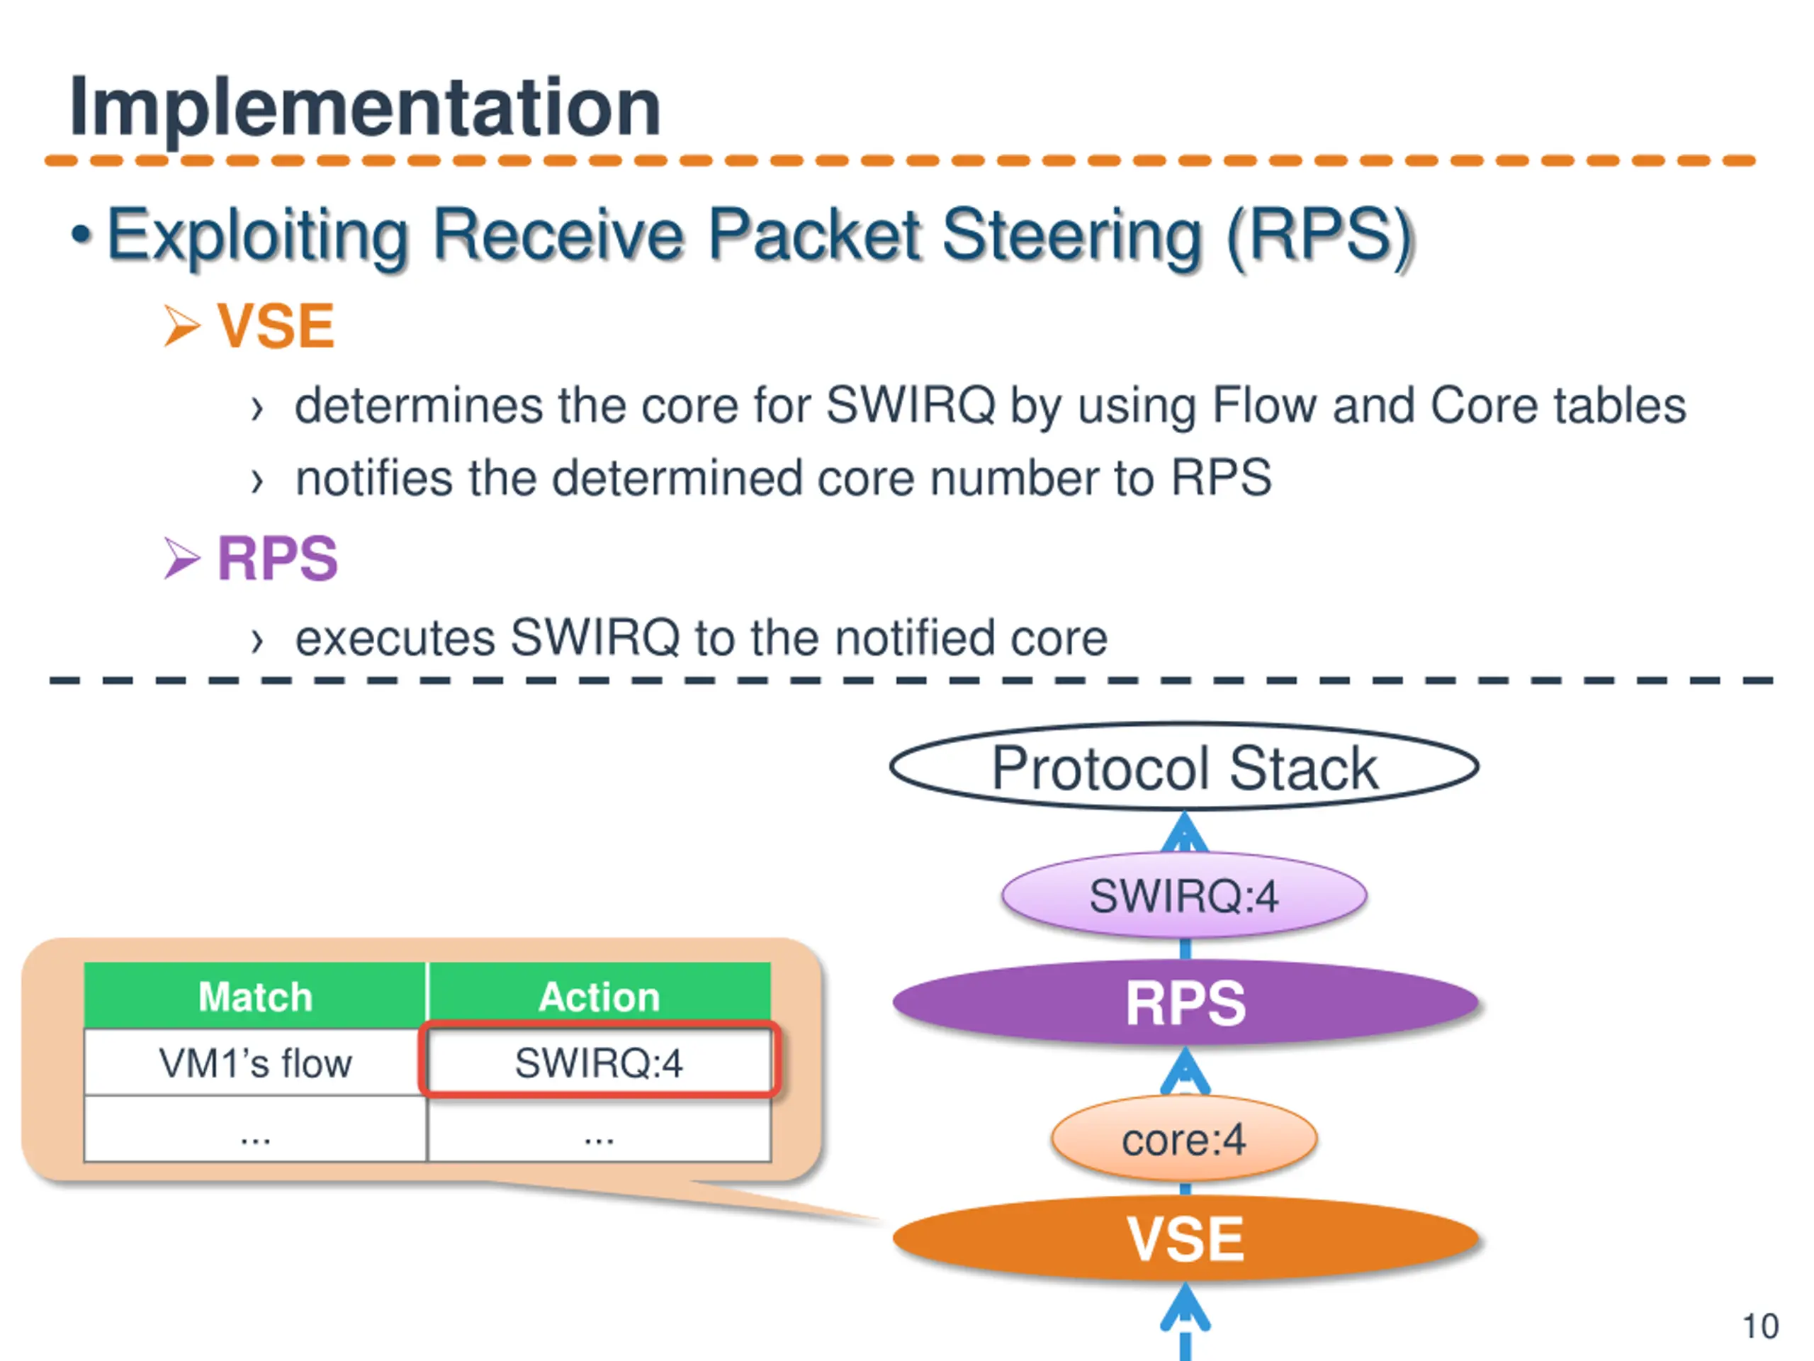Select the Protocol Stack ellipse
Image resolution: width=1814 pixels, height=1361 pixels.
click(1183, 768)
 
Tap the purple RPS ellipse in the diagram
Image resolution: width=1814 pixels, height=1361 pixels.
click(1185, 1002)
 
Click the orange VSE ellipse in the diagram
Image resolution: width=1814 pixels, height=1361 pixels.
click(1185, 1238)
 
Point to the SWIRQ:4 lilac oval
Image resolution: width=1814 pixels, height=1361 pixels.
click(1183, 895)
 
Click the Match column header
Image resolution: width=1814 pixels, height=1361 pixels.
click(255, 997)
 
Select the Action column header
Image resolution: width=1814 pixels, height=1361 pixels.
click(599, 997)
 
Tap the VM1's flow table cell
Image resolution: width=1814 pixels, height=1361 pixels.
click(255, 1063)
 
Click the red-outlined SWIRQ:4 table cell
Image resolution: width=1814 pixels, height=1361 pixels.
click(599, 1063)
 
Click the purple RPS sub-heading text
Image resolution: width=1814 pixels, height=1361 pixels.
click(277, 559)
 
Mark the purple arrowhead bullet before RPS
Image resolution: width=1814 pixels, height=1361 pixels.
click(181, 559)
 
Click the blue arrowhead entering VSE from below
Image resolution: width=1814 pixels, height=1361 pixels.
click(1185, 1306)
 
